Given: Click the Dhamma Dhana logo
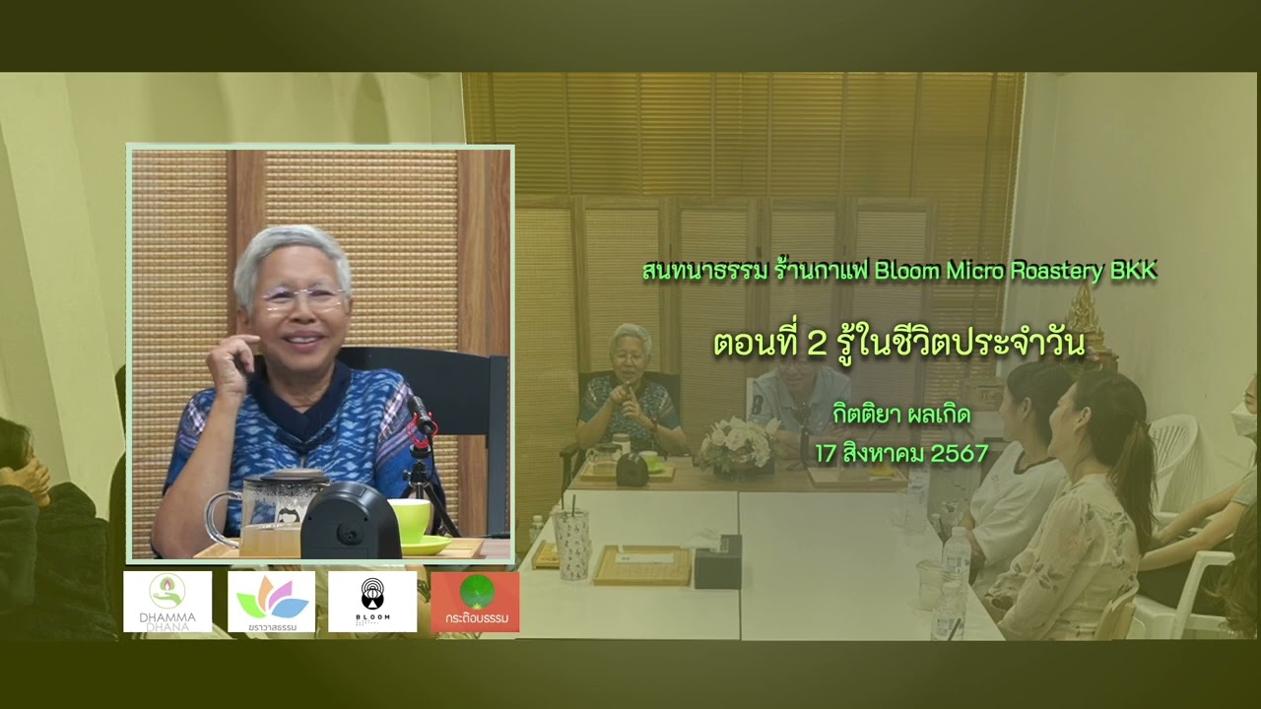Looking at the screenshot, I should [167, 601].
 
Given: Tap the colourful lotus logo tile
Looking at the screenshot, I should [271, 601].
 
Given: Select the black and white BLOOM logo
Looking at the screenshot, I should [372, 601].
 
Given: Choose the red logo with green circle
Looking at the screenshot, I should [475, 601].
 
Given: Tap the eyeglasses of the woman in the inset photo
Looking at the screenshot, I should [301, 297].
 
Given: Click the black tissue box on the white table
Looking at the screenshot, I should [717, 562].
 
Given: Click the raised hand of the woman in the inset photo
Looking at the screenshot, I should [230, 359].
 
